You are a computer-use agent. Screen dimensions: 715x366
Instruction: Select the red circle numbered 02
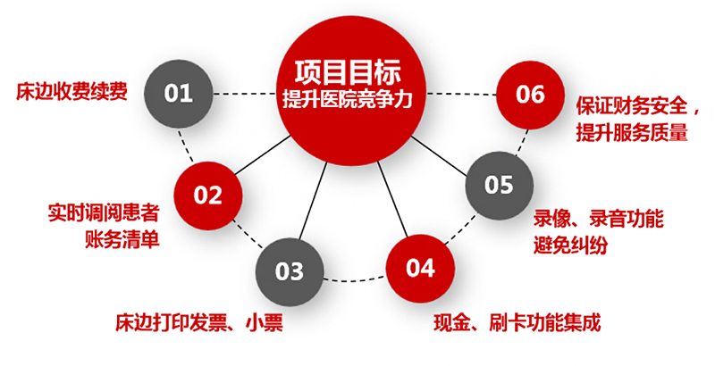(208, 194)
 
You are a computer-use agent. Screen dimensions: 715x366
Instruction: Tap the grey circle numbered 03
(290, 270)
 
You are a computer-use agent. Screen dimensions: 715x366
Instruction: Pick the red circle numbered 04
(419, 268)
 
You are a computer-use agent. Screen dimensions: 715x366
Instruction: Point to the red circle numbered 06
(530, 94)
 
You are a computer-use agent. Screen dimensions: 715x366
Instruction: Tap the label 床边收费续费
(71, 92)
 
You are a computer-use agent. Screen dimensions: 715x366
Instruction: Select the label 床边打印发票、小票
(198, 321)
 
